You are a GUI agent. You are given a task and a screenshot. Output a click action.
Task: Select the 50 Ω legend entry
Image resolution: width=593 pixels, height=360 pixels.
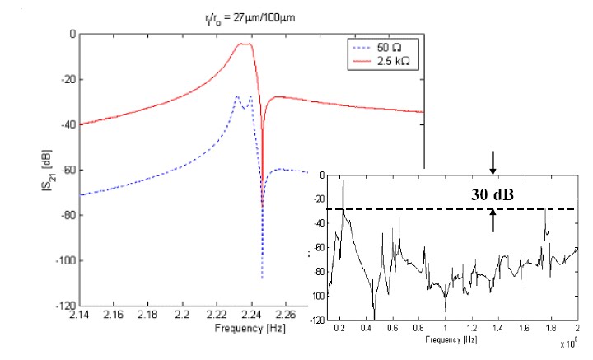(x=381, y=49)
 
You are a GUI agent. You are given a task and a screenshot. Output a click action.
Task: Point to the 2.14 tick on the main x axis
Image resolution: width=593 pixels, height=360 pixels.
(x=79, y=316)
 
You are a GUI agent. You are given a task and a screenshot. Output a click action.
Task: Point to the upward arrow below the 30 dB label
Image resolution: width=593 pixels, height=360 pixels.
(x=493, y=221)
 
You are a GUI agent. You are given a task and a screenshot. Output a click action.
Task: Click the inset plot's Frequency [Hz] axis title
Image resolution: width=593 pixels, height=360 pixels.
(x=452, y=339)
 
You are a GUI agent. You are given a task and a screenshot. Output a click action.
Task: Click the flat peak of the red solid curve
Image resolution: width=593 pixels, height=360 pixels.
(x=245, y=44)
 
